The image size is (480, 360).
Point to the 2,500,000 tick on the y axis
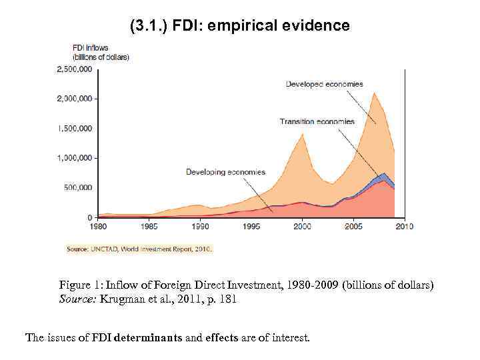[x=75, y=69]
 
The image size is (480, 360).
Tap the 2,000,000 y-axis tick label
[x=75, y=99]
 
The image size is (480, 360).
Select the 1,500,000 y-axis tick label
[x=75, y=128]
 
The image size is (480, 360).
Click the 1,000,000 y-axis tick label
[x=75, y=158]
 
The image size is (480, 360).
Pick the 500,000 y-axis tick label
[x=79, y=187]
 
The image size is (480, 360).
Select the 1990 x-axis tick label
[x=201, y=227]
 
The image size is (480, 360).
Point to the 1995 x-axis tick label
[x=251, y=227]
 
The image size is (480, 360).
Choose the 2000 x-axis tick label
[x=302, y=227]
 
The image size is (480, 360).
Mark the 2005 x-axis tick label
[x=353, y=227]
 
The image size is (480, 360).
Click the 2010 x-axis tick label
[x=404, y=227]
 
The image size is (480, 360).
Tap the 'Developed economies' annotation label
[x=325, y=84]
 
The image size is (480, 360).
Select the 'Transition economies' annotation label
[x=317, y=122]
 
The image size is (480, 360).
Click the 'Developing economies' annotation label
[x=225, y=173]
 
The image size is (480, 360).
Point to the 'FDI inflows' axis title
[x=90, y=48]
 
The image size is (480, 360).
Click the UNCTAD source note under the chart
[x=139, y=249]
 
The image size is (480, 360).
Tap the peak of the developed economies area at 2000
[x=303, y=135]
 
